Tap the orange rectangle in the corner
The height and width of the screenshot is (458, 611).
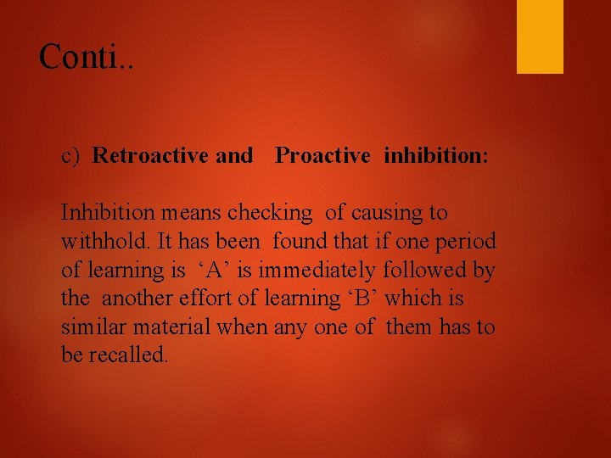(x=540, y=36)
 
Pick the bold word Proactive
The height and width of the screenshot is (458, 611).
(x=322, y=156)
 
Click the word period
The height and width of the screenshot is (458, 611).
(x=465, y=242)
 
